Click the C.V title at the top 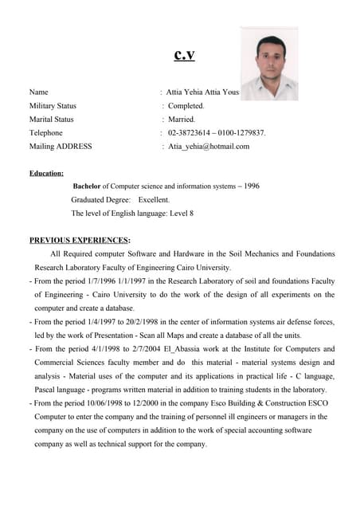[184, 55]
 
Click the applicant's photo [268, 63]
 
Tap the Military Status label [53, 105]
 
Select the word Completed [186, 105]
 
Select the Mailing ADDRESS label [61, 146]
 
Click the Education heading [46, 173]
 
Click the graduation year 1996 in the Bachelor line [251, 186]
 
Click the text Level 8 [180, 214]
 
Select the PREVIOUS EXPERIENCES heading [80, 240]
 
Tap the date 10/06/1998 [112, 403]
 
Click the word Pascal [46, 390]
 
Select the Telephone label [45, 132]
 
